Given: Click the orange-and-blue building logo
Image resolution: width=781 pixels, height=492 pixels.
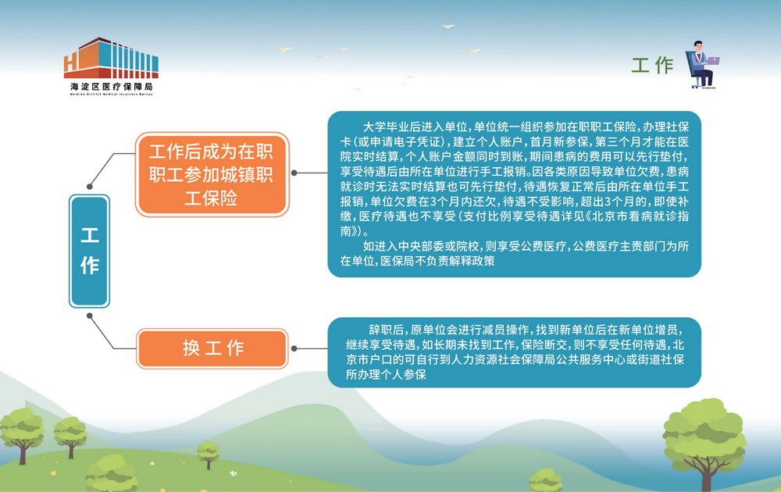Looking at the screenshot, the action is click(x=111, y=58).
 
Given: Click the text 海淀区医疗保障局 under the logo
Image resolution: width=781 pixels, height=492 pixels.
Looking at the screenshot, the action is click(x=112, y=87).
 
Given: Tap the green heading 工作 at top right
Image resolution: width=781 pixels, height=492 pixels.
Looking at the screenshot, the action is click(x=652, y=66).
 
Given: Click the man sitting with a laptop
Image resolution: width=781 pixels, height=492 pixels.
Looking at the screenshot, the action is click(x=702, y=64).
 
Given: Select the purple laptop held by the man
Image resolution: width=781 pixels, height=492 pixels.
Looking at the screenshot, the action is click(x=713, y=61).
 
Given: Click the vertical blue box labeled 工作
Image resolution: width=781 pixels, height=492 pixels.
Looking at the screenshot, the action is click(x=90, y=251).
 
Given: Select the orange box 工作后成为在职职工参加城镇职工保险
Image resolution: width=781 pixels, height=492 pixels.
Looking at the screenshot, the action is click(x=212, y=174).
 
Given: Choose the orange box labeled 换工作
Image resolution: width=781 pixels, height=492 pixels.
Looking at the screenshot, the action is click(x=212, y=348).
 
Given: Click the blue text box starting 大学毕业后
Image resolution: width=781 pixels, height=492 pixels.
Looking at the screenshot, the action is click(x=514, y=194).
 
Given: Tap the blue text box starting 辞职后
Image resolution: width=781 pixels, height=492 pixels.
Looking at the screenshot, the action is click(x=514, y=352).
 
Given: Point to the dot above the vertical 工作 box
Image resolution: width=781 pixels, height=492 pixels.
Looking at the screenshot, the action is click(x=90, y=187).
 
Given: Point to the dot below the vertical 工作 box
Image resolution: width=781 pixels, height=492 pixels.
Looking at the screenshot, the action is click(x=90, y=316).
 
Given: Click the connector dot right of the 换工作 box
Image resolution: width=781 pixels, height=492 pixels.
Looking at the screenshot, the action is click(x=294, y=348).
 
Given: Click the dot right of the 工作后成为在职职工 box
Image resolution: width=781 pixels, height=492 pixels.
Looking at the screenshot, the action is click(x=294, y=173).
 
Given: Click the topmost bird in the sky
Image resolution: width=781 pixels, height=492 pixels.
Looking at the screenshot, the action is click(x=448, y=26).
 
